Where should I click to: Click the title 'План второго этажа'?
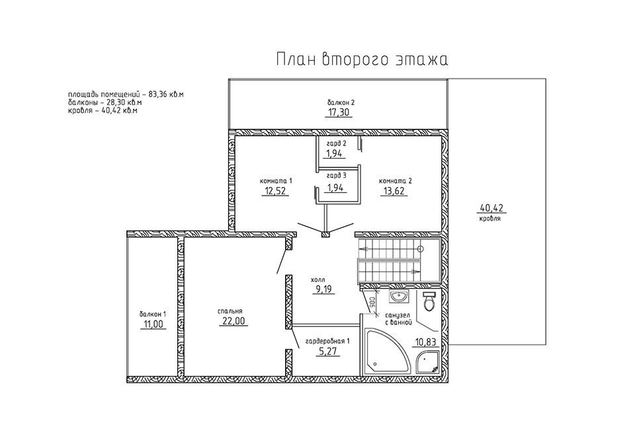tap(362, 59)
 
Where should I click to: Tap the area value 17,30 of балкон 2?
tap(339, 112)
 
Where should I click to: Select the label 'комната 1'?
tap(276, 181)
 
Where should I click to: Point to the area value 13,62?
tap(393, 191)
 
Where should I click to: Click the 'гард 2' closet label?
tap(337, 143)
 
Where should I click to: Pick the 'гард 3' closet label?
tap(337, 176)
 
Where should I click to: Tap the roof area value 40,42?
tap(491, 208)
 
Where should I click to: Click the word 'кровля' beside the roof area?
tap(490, 219)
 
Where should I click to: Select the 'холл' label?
tap(318, 280)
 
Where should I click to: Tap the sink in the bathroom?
tap(400, 297)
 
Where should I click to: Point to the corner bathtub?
tap(383, 350)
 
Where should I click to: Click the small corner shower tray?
tap(428, 361)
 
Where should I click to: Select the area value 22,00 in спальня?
tap(233, 321)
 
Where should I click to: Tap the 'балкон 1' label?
tap(153, 314)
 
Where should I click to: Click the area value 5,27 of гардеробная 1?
tap(328, 352)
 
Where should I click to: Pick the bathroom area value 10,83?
tap(425, 342)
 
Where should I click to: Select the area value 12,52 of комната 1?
tap(275, 191)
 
